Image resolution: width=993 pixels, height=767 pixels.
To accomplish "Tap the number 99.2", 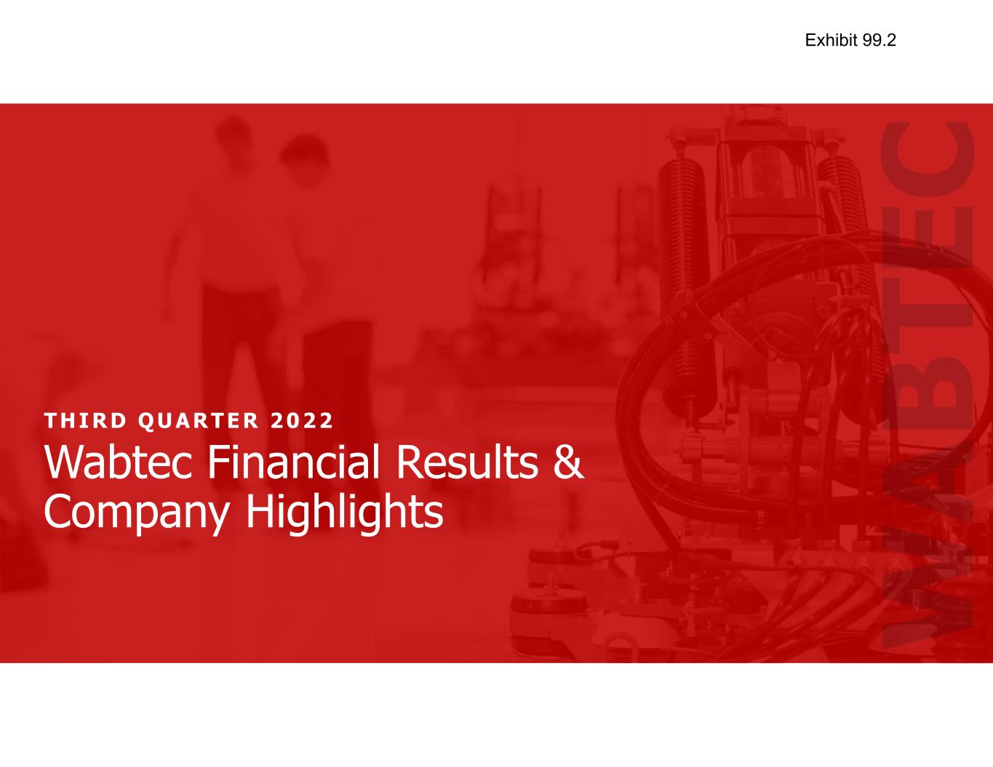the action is pos(880,40).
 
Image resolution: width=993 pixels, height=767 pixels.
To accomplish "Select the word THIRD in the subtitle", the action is pos(85,420).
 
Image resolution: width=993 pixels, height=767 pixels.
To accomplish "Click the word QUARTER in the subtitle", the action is pos(199,421).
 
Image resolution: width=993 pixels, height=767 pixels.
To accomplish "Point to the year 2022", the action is pos(302,420).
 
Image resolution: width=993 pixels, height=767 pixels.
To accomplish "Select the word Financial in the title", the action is pos(293,462).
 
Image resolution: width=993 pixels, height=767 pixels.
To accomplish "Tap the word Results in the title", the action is pos(466,462).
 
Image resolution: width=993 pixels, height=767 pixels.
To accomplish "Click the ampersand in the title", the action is pos(568,462).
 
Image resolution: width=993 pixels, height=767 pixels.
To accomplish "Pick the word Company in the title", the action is pos(136,513).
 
